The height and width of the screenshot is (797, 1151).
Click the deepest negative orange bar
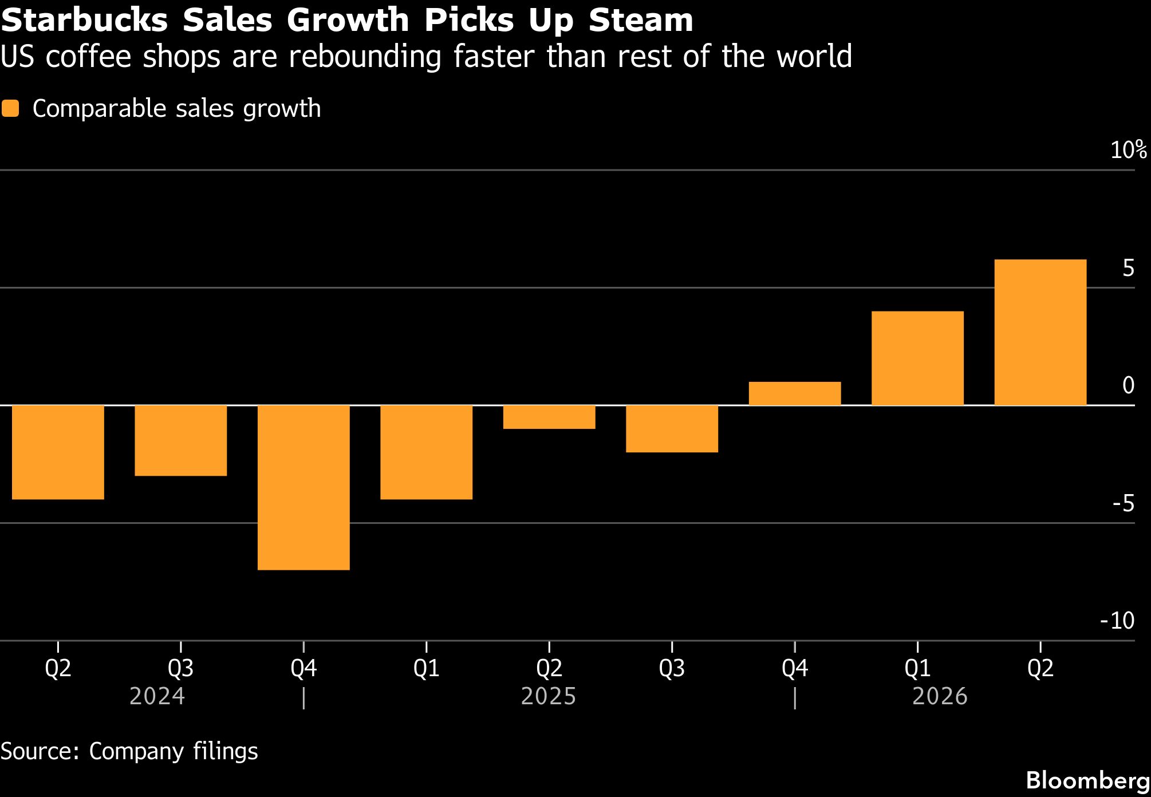[303, 487]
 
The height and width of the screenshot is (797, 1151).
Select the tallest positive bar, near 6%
[1040, 332]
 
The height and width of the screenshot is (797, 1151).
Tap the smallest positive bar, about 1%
[794, 393]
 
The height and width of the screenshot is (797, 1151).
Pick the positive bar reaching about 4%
[917, 358]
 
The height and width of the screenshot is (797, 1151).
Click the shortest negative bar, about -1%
[549, 417]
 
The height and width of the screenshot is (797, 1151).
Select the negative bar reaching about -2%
[672, 429]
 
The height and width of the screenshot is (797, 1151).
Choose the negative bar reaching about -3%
[180, 440]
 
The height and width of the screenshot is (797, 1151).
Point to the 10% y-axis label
[1128, 150]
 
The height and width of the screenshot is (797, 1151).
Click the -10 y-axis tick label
[1117, 621]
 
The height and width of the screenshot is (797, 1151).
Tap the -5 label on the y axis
[1123, 503]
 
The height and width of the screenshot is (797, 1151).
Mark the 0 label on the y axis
[1128, 385]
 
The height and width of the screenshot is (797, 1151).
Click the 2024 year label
[157, 697]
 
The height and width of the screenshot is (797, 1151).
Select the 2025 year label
[548, 697]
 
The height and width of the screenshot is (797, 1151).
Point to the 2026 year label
[940, 697]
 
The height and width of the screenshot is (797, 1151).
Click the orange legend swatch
[10, 109]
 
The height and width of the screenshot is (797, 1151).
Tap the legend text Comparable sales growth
[176, 109]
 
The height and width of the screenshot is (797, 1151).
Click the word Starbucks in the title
[85, 21]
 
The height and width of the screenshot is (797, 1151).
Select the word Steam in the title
[640, 21]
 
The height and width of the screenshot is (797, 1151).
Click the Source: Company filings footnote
[129, 751]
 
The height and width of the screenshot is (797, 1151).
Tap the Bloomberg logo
[1087, 780]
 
